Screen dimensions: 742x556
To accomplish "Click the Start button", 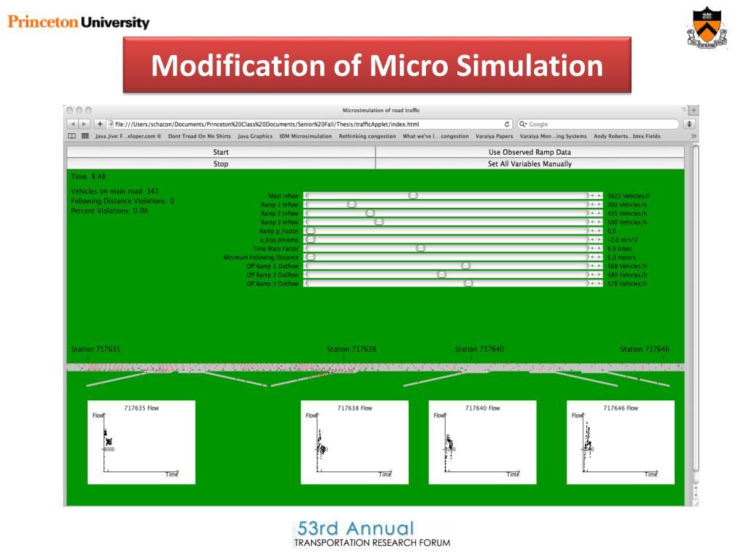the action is [220, 152].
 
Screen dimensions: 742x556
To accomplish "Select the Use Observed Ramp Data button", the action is [530, 152].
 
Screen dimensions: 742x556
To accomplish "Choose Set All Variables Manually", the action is [530, 164].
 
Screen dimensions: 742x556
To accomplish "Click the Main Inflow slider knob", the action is [413, 195].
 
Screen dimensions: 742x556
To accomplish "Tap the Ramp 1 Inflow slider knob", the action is [352, 204].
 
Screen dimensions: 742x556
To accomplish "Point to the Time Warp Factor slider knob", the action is [420, 248].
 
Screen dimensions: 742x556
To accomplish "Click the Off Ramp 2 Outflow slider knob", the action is [441, 274].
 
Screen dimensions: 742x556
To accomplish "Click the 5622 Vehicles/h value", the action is [628, 195].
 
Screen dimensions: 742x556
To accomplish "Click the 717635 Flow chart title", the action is [141, 408].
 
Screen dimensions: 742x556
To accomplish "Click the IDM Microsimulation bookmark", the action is [306, 136].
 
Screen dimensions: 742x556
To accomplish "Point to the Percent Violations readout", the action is [109, 211].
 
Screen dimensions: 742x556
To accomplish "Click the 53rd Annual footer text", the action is [354, 528].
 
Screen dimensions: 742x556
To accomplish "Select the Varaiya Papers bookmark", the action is [494, 136].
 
